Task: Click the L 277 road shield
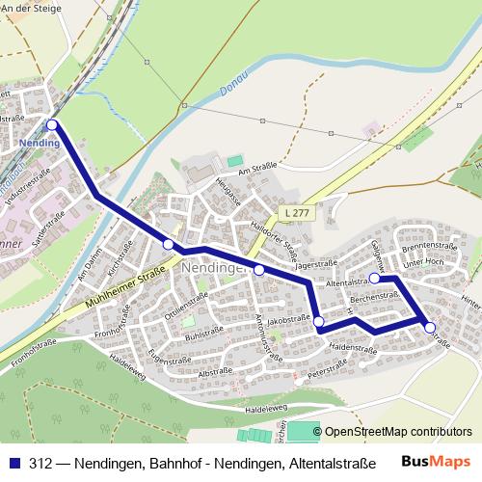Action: [296, 211]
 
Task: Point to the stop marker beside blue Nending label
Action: [52, 124]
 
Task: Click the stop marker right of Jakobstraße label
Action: [319, 321]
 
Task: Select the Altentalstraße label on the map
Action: [348, 282]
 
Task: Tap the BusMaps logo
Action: [436, 461]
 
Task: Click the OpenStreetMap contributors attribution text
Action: [397, 432]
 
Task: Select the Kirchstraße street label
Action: [118, 253]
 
